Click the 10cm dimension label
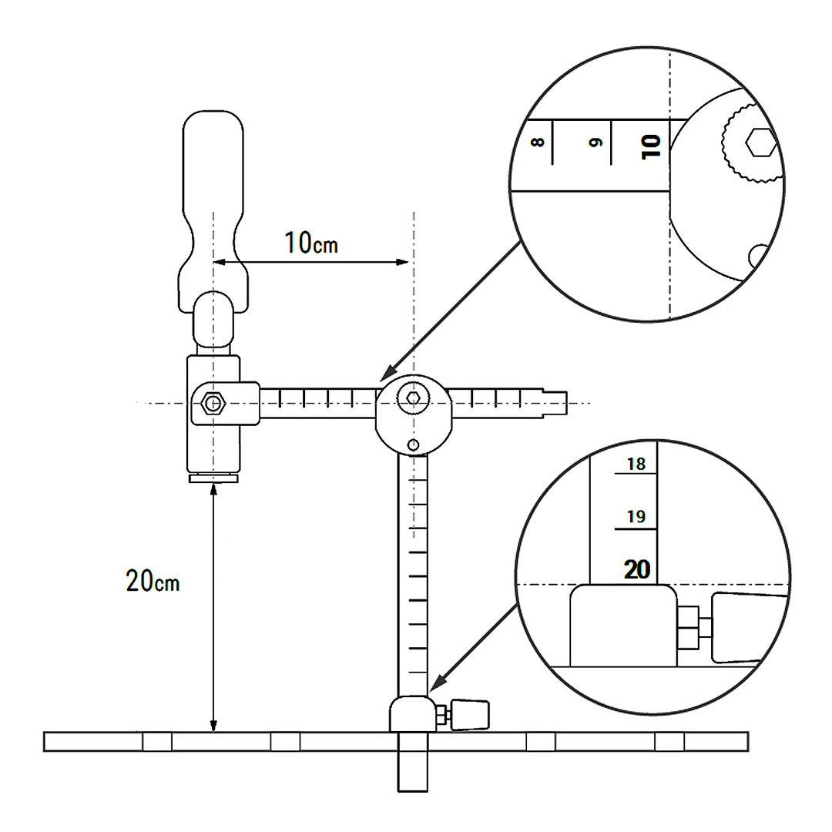[311, 243]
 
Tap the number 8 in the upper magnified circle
[538, 142]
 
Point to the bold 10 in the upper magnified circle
[651, 145]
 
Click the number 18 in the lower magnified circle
[636, 464]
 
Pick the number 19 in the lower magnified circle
[636, 517]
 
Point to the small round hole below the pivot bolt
[414, 445]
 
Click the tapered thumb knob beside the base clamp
[471, 715]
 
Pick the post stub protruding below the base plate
[412, 770]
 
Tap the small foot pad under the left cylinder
[213, 479]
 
